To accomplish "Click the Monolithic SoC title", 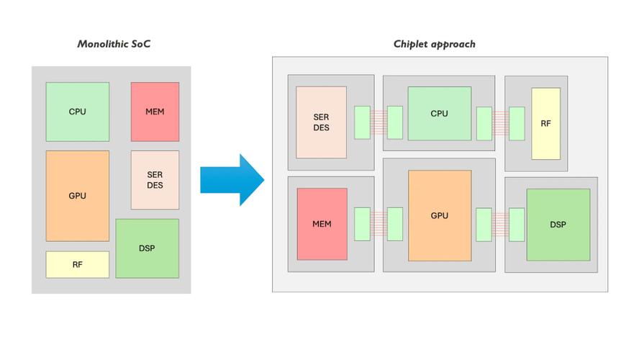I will pyautogui.click(x=114, y=45).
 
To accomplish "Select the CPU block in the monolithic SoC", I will pyautogui.click(x=78, y=112).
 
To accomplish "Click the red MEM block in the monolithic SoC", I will pyautogui.click(x=155, y=112).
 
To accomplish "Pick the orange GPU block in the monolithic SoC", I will pyautogui.click(x=78, y=195).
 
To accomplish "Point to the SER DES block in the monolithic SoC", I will pyautogui.click(x=155, y=180).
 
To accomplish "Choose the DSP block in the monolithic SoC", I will pyautogui.click(x=147, y=248).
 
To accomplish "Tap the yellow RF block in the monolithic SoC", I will pyautogui.click(x=78, y=264).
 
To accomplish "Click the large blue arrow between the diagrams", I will pyautogui.click(x=232, y=179).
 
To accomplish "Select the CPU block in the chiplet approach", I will pyautogui.click(x=439, y=114).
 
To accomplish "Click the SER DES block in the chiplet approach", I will pyautogui.click(x=321, y=122).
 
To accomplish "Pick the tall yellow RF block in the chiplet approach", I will pyautogui.click(x=545, y=123).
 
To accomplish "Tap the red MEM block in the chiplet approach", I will pyautogui.click(x=322, y=224).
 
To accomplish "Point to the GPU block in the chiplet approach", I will pyautogui.click(x=439, y=215).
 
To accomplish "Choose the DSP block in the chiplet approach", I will pyautogui.click(x=558, y=225).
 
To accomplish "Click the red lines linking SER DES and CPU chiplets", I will pyautogui.click(x=379, y=122).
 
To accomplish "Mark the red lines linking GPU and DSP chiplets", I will pyautogui.click(x=500, y=224).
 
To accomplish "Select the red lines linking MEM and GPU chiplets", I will pyautogui.click(x=379, y=224).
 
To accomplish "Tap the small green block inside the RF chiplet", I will pyautogui.click(x=517, y=123).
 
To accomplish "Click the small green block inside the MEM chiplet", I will pyautogui.click(x=362, y=224).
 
